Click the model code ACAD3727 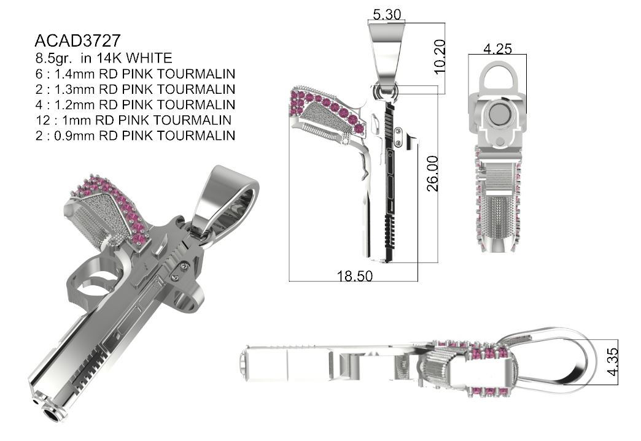(77, 41)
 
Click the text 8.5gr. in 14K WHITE (103, 58)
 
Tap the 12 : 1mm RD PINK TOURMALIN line (133, 120)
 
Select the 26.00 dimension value (433, 174)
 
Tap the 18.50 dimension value (354, 277)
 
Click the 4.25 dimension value (497, 48)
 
